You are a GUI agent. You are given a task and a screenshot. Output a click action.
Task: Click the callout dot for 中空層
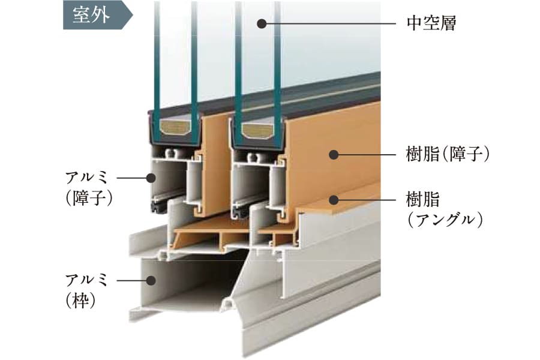[262, 24]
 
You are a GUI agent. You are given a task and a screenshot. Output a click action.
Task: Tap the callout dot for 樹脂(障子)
[334, 155]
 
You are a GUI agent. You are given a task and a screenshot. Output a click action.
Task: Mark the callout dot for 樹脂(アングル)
[334, 199]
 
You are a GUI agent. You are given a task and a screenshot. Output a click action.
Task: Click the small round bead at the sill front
[229, 306]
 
